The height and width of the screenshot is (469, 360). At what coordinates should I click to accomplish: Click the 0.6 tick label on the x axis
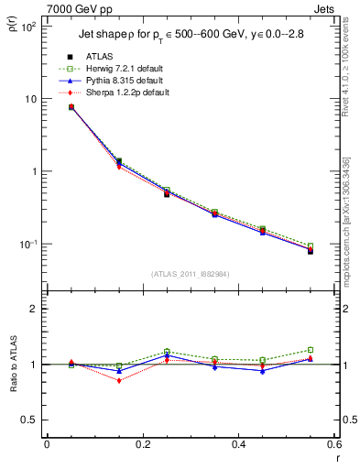(333, 446)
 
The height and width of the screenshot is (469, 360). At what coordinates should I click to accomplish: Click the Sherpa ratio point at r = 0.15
(118, 380)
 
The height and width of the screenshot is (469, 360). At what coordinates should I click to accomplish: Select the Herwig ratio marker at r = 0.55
(311, 350)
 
